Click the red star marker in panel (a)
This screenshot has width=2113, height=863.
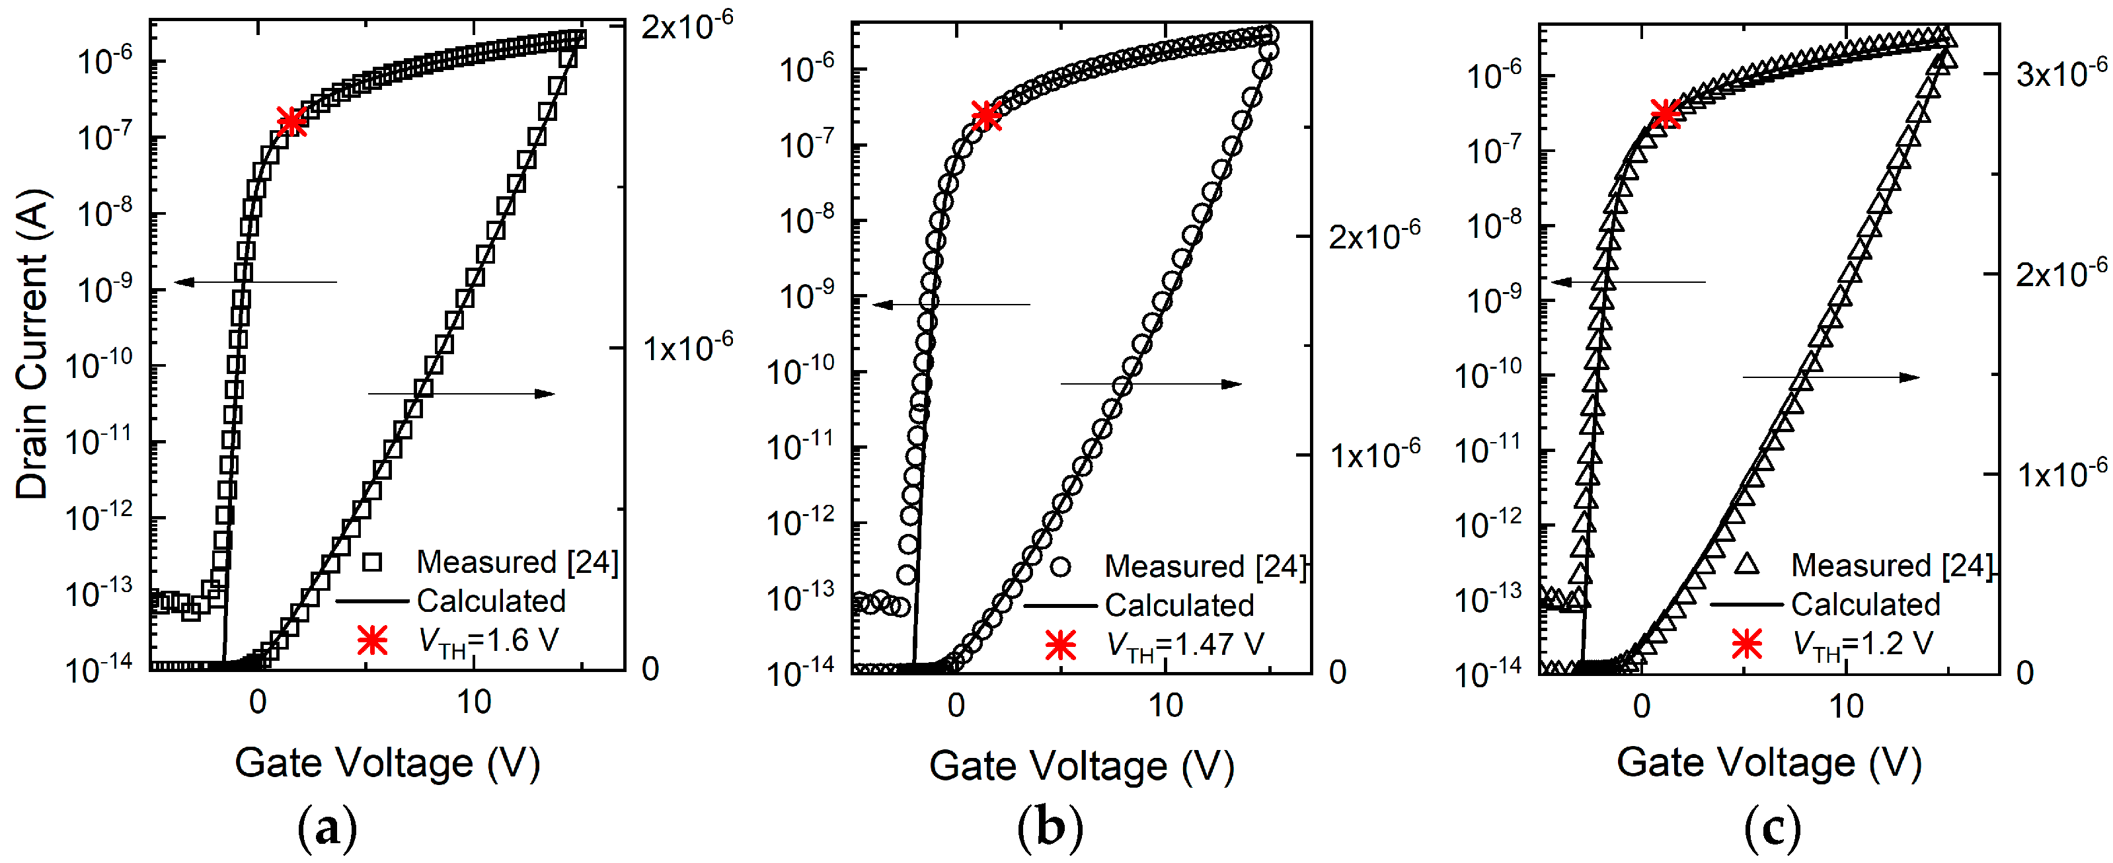[x=291, y=122]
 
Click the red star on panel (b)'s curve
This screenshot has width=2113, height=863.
[x=986, y=116]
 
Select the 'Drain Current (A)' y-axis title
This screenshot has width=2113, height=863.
[x=33, y=344]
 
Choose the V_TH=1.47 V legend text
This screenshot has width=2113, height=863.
[x=1184, y=645]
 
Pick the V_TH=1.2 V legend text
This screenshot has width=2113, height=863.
[x=1862, y=643]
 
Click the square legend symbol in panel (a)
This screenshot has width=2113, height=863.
[x=372, y=562]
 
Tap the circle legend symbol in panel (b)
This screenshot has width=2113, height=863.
[x=1061, y=566]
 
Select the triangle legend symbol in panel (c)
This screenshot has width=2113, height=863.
[x=1746, y=564]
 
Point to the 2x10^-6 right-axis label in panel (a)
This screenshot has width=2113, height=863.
[x=687, y=26]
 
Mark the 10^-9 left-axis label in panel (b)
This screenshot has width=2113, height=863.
[x=806, y=295]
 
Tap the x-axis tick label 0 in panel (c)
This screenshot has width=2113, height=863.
[x=1641, y=706]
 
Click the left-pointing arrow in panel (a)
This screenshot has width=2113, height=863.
[x=254, y=282]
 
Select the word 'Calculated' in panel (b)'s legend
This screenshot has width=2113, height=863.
[x=1178, y=605]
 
